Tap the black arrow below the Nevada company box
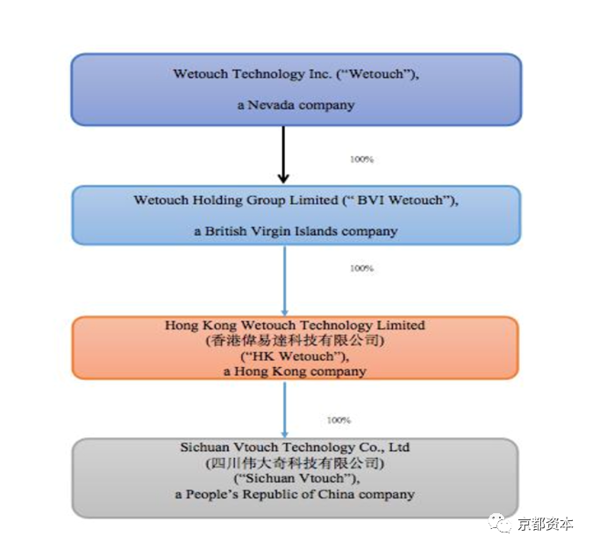pyautogui.click(x=283, y=154)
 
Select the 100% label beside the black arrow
pyautogui.click(x=361, y=159)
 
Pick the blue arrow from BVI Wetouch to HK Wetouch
pyautogui.click(x=285, y=281)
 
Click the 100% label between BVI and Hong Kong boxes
pyautogui.click(x=361, y=268)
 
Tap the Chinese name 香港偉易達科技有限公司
pyautogui.click(x=295, y=341)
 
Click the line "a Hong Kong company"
pyautogui.click(x=295, y=371)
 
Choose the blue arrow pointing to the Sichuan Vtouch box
pyautogui.click(x=285, y=410)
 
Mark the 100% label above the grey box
pyautogui.click(x=339, y=420)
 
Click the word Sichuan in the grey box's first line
pyautogui.click(x=205, y=447)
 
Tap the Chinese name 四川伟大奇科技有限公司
pyautogui.click(x=295, y=463)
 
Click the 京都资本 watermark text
pyautogui.click(x=546, y=524)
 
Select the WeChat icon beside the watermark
pyautogui.click(x=501, y=523)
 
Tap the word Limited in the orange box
pyautogui.click(x=401, y=325)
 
